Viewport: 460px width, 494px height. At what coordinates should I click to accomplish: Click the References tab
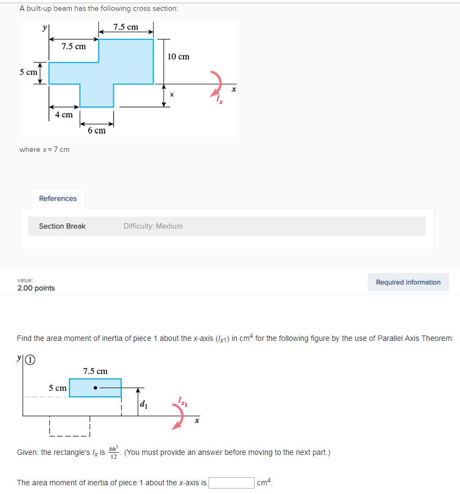58,199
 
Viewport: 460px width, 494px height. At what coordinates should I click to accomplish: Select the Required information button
408,282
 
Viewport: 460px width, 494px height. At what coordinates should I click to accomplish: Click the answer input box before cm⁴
231,483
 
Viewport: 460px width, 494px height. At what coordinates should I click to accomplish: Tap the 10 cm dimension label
178,56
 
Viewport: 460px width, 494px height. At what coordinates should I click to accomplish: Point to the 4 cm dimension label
64,115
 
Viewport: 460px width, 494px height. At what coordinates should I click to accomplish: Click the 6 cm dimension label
97,131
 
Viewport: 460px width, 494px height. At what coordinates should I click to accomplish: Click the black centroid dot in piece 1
95,388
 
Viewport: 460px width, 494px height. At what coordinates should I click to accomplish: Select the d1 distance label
143,404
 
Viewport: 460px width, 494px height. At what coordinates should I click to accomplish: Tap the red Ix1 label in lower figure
181,402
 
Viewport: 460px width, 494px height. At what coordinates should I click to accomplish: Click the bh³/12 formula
113,452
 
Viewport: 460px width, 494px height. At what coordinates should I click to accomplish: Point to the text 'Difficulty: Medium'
153,226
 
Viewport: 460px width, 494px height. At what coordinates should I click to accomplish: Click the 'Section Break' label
62,226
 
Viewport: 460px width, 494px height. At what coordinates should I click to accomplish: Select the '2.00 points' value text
36,288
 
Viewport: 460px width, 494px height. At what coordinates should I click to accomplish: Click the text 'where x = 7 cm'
45,150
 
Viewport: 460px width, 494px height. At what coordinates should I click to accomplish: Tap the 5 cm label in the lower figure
58,388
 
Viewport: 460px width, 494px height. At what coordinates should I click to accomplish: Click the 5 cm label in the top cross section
28,72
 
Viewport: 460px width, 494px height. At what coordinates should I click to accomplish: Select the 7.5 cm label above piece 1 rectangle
95,371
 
